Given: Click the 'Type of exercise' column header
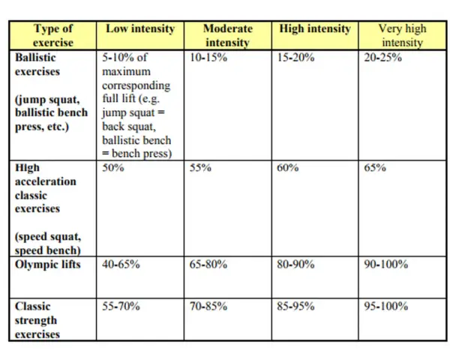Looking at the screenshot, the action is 53,35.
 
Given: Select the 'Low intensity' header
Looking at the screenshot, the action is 140,28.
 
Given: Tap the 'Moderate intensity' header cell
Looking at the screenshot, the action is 227,35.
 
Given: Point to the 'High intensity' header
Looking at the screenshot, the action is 315,28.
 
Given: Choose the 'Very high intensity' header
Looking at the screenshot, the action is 402,35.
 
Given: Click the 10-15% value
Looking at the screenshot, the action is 208,58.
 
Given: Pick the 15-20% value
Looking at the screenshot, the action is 295,58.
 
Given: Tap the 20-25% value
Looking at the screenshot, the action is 382,58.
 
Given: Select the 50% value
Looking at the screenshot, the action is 113,167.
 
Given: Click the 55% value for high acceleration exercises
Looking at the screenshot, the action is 200,167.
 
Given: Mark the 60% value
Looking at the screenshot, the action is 287,167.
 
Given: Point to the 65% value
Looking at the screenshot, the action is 375,167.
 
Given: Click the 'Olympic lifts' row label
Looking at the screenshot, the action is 48,265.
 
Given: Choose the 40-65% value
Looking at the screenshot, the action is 121,264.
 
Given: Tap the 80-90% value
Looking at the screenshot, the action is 295,264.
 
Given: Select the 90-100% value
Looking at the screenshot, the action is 386,264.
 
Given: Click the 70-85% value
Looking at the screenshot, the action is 208,306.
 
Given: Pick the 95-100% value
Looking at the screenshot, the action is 386,306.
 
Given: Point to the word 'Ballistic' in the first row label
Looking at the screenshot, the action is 35,58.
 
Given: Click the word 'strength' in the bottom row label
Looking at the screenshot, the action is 36,320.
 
